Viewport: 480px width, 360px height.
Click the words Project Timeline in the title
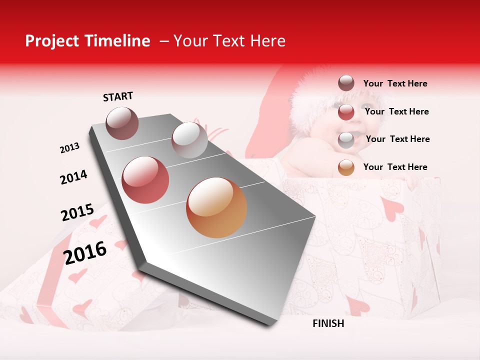(87, 41)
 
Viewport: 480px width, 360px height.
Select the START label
(118, 96)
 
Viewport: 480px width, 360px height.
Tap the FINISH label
(328, 323)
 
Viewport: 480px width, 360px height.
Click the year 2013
(69, 148)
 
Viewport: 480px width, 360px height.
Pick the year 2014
(73, 177)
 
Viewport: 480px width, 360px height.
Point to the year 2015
(77, 212)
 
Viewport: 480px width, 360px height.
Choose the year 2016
(85, 252)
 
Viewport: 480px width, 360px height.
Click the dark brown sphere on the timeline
(122, 123)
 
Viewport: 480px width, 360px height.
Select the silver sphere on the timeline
(189, 140)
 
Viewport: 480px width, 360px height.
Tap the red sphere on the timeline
(145, 180)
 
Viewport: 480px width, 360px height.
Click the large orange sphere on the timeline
(216, 207)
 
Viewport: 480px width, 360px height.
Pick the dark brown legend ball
(346, 83)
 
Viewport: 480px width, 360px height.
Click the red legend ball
(346, 112)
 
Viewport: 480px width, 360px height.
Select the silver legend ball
(346, 139)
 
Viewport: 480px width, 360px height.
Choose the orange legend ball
(346, 167)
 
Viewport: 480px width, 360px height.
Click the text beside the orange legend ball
(395, 167)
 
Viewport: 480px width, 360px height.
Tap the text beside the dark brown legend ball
(395, 83)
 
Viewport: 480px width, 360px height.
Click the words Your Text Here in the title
(229, 41)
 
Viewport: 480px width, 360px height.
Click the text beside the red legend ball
(397, 111)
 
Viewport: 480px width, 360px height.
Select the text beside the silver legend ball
(398, 139)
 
